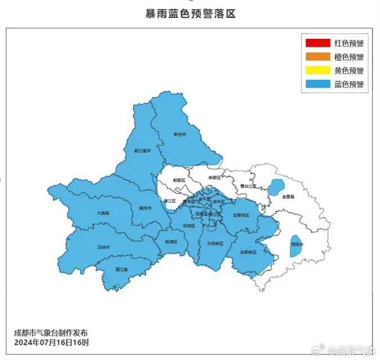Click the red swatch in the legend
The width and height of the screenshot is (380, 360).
[x=318, y=43]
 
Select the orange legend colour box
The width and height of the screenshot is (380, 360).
[x=318, y=57]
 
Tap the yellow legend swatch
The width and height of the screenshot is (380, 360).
[x=318, y=71]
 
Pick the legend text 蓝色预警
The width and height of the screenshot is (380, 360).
[x=348, y=84]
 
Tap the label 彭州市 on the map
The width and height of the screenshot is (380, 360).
[x=180, y=135]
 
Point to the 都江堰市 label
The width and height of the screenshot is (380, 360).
[x=142, y=151]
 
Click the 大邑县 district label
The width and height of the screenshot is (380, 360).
[x=103, y=213]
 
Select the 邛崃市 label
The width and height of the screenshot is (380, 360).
[x=104, y=247]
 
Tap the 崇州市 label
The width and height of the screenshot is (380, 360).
[x=145, y=208]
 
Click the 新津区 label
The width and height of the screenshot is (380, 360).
[x=171, y=241]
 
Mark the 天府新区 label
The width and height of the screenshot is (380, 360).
[x=214, y=244]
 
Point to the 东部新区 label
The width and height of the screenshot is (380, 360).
[x=248, y=252]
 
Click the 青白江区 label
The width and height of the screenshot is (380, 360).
[x=248, y=186]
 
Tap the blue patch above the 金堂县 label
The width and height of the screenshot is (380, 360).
[x=276, y=187]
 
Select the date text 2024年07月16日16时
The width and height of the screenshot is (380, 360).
[x=52, y=343]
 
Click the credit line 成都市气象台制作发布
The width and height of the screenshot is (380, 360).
[x=51, y=333]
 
